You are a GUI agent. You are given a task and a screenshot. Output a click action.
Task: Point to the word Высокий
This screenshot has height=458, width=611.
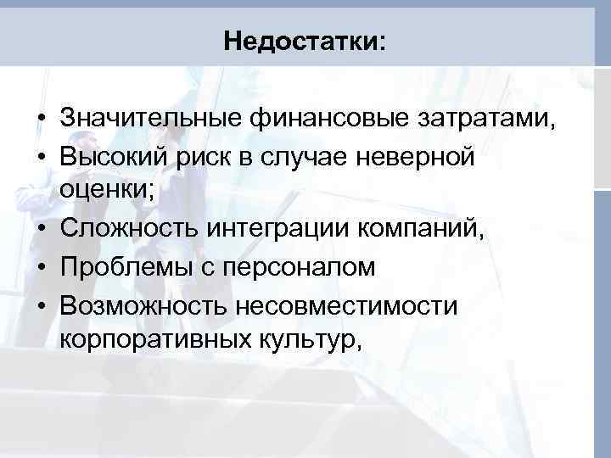[x=114, y=156]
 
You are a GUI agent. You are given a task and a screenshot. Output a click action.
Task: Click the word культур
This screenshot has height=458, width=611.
[x=308, y=340]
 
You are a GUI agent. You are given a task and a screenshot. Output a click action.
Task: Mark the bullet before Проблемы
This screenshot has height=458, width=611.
[x=41, y=268]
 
